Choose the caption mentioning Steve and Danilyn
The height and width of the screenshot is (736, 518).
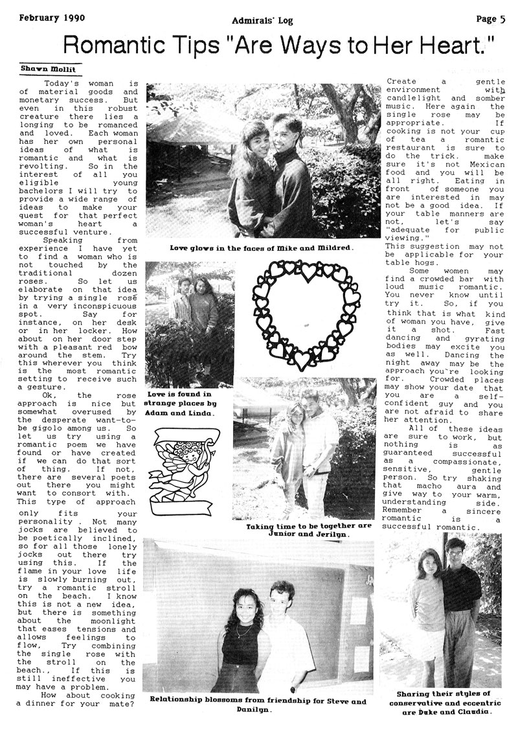coord(257,705)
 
